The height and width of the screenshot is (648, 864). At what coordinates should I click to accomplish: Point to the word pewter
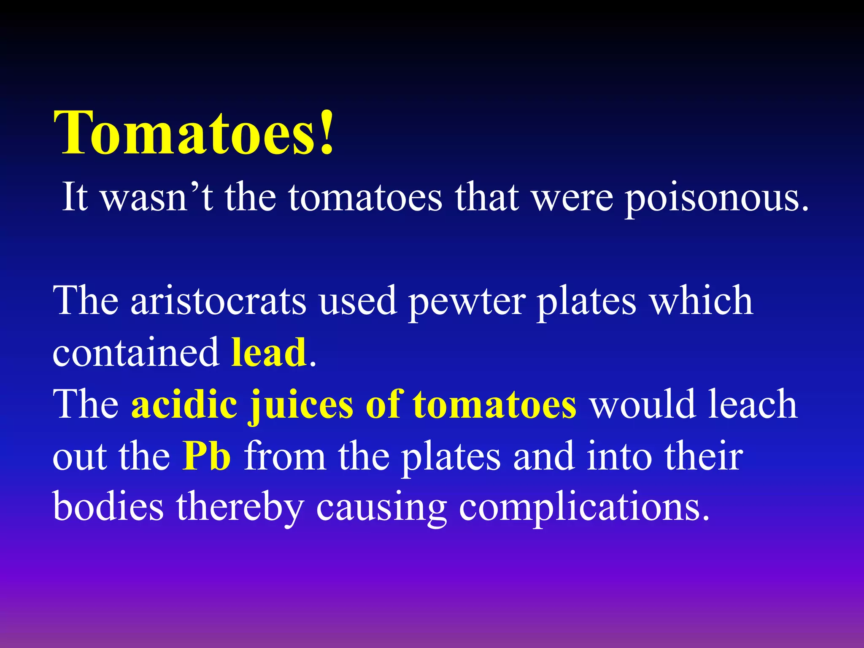467,302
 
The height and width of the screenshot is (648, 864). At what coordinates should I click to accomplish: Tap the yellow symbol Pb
207,456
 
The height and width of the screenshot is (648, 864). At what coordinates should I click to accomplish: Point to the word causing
381,508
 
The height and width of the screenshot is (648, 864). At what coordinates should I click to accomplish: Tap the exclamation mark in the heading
327,133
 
